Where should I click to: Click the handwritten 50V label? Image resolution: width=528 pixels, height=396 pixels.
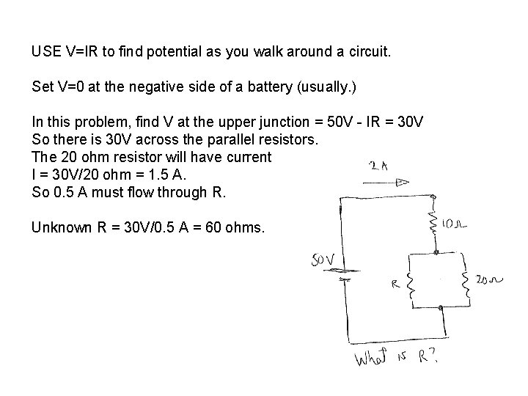323,259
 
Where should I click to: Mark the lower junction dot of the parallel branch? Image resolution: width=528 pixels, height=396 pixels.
441,308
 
